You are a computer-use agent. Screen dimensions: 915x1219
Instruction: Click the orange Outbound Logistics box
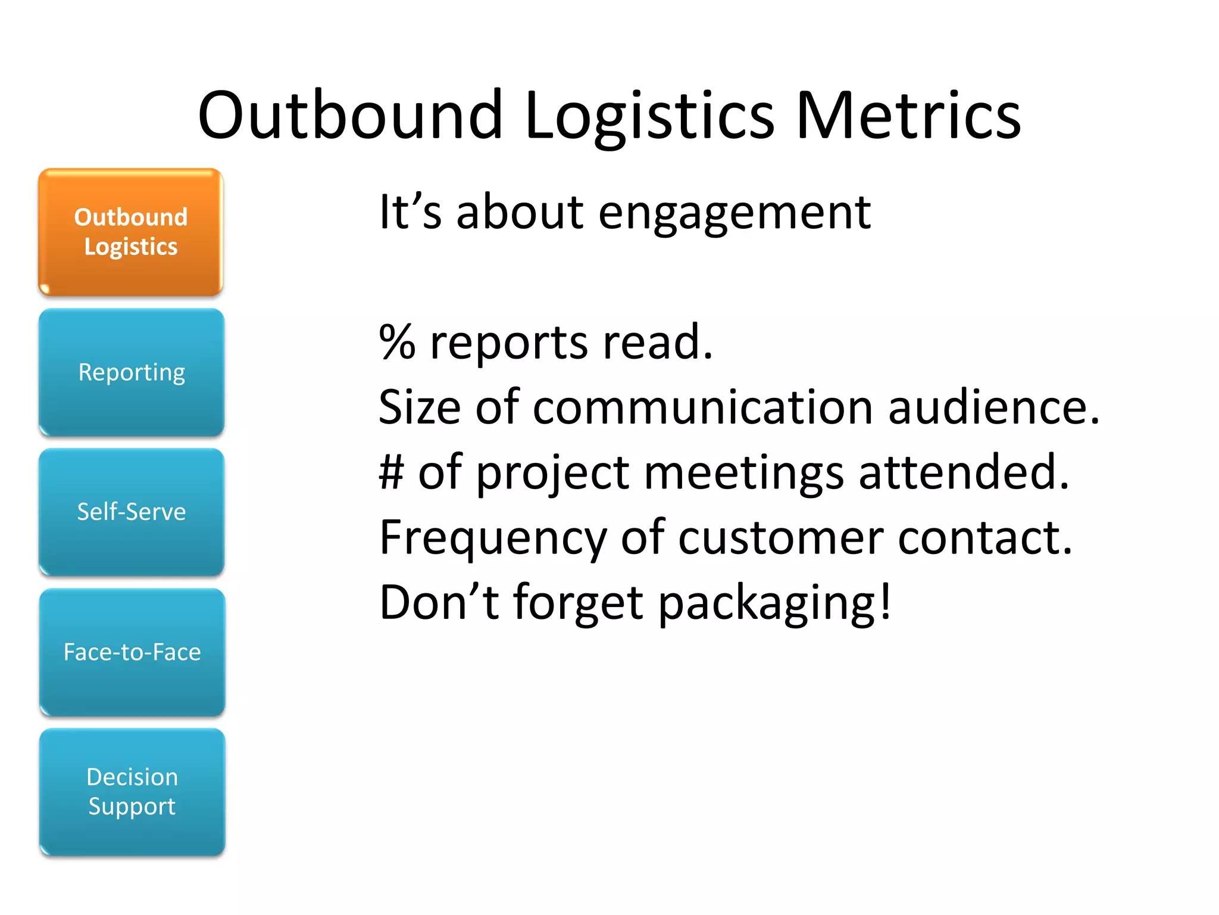point(130,232)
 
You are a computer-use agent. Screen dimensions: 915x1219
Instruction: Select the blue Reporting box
point(132,372)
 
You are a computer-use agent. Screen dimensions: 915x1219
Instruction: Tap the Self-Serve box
point(132,512)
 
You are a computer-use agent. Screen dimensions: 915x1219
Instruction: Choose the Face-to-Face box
point(132,652)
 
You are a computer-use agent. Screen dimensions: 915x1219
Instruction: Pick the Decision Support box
point(132,792)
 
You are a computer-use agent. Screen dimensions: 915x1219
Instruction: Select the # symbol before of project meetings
point(392,472)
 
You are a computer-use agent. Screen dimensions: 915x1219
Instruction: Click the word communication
point(702,408)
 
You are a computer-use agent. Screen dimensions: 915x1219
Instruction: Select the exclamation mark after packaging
point(886,600)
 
